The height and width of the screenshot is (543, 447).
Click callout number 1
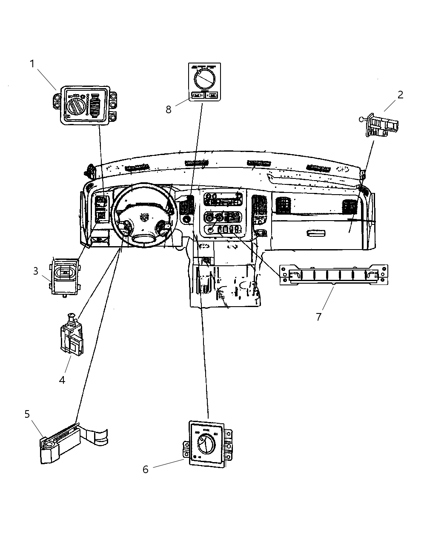click(32, 64)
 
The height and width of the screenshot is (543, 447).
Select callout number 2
click(400, 95)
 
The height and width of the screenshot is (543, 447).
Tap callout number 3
click(36, 271)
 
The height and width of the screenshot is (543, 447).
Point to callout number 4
click(62, 380)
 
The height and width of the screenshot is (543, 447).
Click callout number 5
click(27, 414)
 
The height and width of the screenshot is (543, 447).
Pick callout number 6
click(146, 470)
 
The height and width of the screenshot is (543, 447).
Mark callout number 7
click(318, 317)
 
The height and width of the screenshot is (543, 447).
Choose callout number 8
click(169, 110)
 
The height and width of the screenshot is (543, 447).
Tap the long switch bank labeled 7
click(333, 274)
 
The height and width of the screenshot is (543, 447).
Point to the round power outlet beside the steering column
click(186, 219)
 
